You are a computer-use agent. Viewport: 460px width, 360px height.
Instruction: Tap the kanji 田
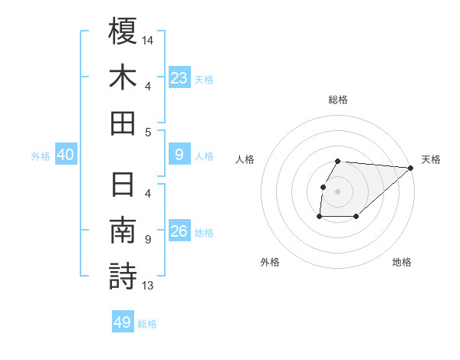[123, 123]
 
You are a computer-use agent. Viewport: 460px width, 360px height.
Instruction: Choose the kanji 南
[123, 231]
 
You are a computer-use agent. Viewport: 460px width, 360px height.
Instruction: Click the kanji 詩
[123, 277]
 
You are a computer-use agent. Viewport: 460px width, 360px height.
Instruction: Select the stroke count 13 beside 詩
[149, 286]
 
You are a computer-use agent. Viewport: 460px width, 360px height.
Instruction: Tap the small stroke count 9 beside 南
[147, 240]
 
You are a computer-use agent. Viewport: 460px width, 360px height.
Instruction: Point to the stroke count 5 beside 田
[147, 132]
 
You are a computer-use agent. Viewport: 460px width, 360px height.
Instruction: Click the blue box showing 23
[179, 77]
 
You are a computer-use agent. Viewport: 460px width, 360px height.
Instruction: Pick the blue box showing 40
[65, 155]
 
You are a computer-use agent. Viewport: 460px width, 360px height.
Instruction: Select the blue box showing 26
[179, 231]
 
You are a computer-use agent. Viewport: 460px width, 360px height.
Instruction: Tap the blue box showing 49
[123, 322]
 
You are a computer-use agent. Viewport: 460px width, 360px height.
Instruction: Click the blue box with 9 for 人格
[179, 155]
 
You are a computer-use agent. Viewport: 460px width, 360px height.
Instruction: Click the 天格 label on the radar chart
[431, 159]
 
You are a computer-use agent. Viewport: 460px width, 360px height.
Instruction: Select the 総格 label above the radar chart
[338, 100]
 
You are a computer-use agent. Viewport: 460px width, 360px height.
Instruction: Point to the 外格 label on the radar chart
[270, 262]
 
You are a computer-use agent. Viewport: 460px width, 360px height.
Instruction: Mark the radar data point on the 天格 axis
[411, 168]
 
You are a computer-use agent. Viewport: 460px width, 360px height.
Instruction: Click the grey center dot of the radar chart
[338, 191]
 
